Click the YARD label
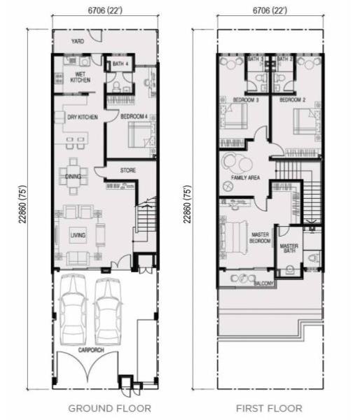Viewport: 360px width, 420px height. point(78,41)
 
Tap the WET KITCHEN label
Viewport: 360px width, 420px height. point(80,77)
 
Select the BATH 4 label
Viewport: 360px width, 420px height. point(120,64)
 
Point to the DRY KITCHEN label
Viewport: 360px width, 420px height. point(83,117)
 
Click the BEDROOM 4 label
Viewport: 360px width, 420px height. point(134,116)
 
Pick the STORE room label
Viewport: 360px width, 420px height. point(128,170)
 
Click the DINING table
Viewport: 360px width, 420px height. point(74,176)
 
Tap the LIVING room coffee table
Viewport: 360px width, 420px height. point(78,235)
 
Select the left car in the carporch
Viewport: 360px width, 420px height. point(73,310)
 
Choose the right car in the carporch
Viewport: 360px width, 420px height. point(108,311)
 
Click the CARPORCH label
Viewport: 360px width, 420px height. point(91,350)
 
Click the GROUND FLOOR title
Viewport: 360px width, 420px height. point(110,409)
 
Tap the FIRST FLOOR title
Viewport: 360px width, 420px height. point(269,409)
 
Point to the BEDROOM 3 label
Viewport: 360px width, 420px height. point(246,100)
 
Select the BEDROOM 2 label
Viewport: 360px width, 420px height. point(293,100)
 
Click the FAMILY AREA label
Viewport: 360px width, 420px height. point(246,177)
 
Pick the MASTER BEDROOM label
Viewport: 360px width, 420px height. point(260,237)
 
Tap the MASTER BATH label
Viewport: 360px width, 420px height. point(289,248)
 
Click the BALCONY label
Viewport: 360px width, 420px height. point(264,283)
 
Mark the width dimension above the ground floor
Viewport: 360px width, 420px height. point(105,10)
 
